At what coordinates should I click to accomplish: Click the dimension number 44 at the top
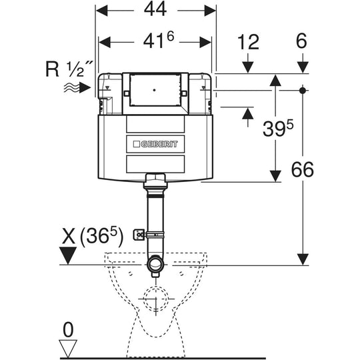155,10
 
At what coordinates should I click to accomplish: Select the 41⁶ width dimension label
159,40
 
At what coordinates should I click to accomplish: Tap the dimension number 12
248,42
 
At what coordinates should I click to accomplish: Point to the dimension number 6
302,41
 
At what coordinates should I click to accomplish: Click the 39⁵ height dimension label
278,129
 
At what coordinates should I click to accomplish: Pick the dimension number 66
303,169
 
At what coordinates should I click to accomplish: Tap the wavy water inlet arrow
77,88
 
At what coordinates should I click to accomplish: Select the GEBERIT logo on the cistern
155,144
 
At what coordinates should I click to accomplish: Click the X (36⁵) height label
93,237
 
